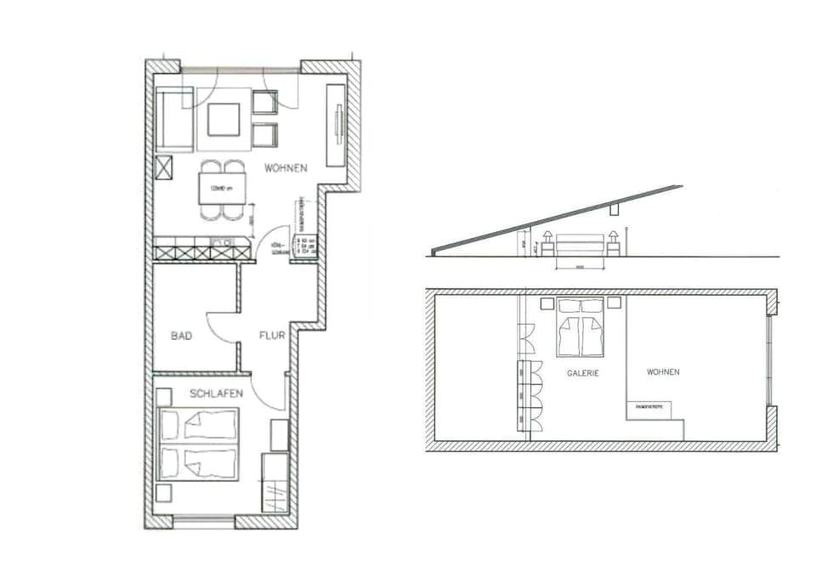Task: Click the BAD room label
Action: point(181,337)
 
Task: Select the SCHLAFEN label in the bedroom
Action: point(217,393)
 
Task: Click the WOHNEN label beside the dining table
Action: point(286,168)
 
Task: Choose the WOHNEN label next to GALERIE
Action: point(663,372)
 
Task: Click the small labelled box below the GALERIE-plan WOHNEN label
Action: point(649,409)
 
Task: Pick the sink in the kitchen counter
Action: point(223,243)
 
